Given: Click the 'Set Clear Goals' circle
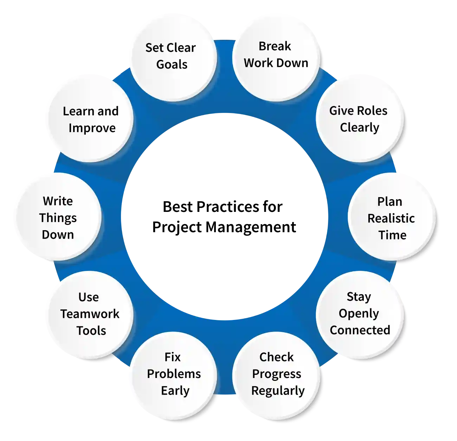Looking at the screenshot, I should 171,56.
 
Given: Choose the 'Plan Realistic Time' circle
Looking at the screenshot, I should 391,218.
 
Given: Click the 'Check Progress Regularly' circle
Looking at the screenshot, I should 277,374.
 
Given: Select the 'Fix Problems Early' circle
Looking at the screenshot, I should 173,374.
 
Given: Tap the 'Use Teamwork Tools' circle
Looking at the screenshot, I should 90,314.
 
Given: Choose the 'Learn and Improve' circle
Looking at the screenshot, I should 90,119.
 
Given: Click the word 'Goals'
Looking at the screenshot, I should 172,65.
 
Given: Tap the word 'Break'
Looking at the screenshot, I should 275,46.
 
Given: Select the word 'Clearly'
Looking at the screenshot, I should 360,127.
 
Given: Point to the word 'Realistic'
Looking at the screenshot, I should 391,219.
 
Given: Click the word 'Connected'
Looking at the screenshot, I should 360,330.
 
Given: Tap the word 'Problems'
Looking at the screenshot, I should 174,374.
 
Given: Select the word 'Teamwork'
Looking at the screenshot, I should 90,314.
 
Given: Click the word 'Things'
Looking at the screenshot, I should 58,218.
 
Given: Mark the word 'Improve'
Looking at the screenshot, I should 92,128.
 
